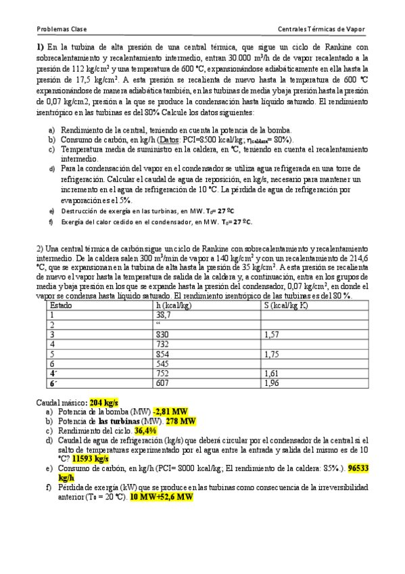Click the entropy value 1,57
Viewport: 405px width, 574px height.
pyautogui.click(x=271, y=334)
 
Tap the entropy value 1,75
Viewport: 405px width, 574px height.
pyautogui.click(x=271, y=353)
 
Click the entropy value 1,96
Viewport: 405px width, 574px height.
pyautogui.click(x=271, y=382)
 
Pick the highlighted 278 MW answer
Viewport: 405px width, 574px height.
pyautogui.click(x=181, y=420)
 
